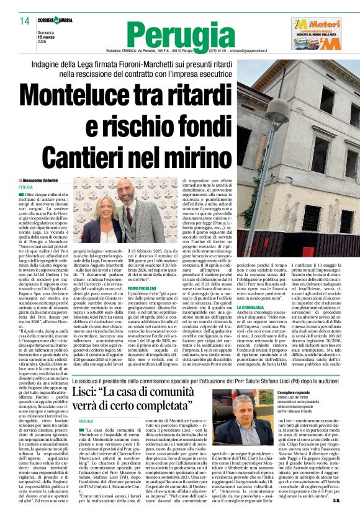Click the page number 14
pyautogui.click(x=25, y=22)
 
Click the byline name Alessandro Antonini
pyautogui.click(x=41, y=179)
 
